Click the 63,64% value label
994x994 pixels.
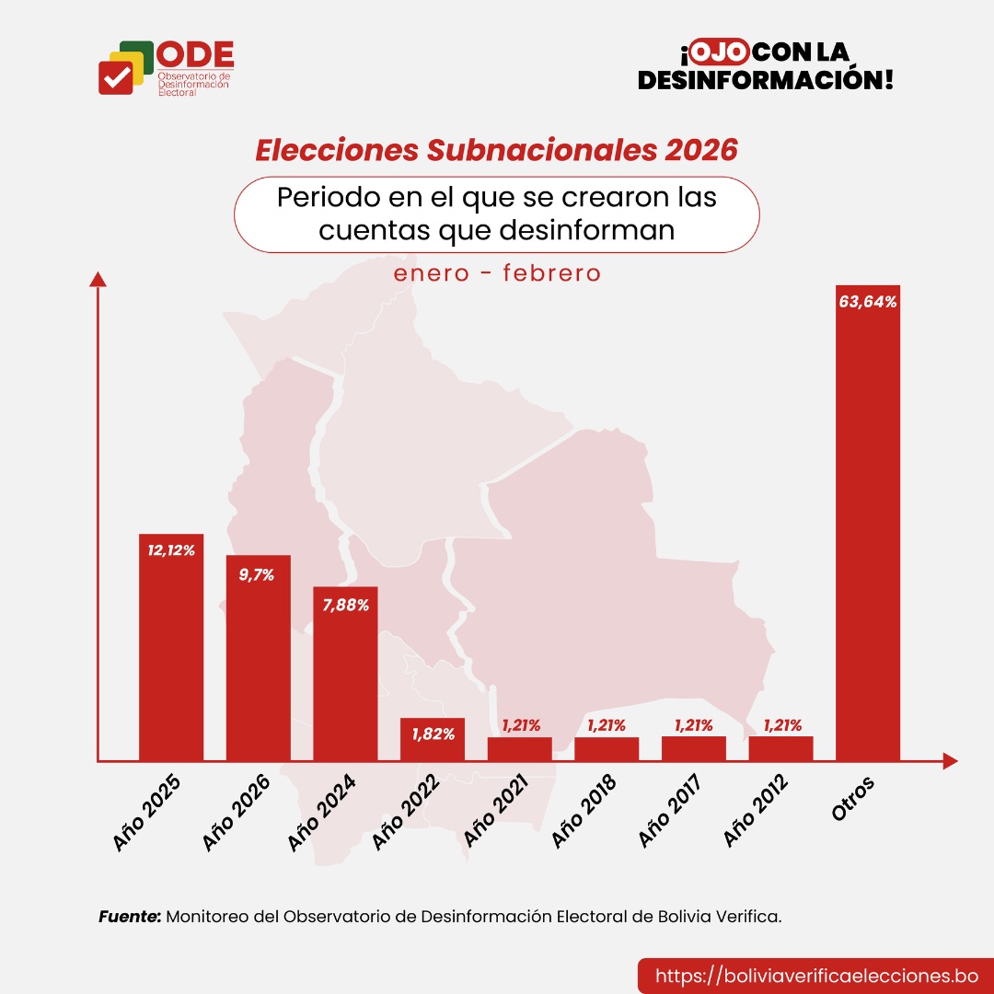coord(868,301)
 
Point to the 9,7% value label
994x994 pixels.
coord(258,573)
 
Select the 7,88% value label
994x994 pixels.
coord(345,605)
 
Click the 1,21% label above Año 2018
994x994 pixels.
coord(607,725)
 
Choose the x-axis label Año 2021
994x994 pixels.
coord(498,811)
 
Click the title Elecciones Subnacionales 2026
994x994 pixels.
coord(496,151)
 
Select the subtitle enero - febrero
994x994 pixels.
coord(497,273)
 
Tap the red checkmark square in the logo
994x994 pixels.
coord(116,77)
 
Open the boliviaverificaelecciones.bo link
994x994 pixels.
coord(815,976)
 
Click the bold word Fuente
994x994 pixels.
coord(130,917)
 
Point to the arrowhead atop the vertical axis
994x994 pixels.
coord(98,278)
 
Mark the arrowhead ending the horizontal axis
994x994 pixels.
coord(950,761)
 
